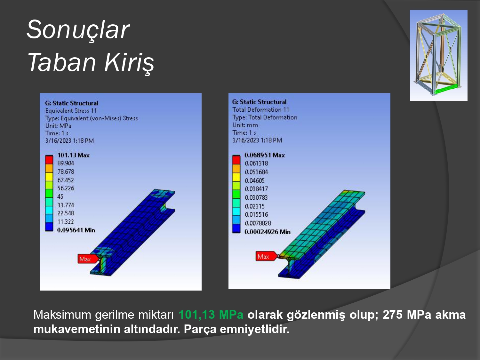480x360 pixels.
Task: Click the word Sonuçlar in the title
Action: pyautogui.click(x=78, y=29)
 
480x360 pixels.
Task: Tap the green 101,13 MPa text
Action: pyautogui.click(x=211, y=315)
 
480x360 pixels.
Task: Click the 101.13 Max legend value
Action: pyautogui.click(x=74, y=155)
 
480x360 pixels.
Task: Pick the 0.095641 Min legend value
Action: pyautogui.click(x=76, y=230)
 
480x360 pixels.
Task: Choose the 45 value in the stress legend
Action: pyautogui.click(x=60, y=196)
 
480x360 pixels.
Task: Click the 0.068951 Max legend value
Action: pyautogui.click(x=265, y=155)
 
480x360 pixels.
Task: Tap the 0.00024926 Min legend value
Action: pyautogui.click(x=268, y=232)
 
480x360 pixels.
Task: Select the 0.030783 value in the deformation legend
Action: pyautogui.click(x=256, y=197)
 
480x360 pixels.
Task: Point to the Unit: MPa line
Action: pyautogui.click(x=58, y=126)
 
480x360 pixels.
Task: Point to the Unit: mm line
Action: pyautogui.click(x=245, y=125)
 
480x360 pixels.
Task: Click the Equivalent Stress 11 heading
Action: pyautogui.click(x=71, y=111)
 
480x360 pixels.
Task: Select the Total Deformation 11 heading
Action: pyautogui.click(x=261, y=109)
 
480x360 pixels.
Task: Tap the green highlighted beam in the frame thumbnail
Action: pyautogui.click(x=445, y=89)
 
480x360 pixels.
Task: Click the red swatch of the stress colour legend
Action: pyautogui.click(x=49, y=160)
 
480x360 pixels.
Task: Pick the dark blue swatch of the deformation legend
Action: pyautogui.click(x=236, y=228)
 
